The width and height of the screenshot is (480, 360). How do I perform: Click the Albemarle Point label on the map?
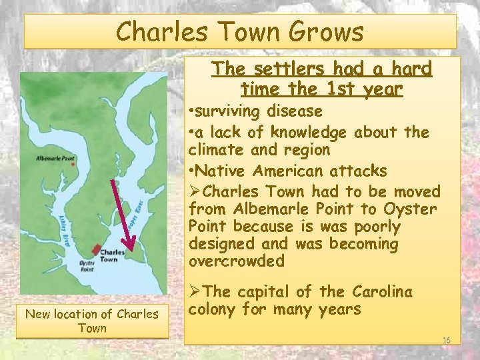pyautogui.click(x=55, y=159)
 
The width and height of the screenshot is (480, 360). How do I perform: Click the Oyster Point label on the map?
pyautogui.click(x=87, y=266)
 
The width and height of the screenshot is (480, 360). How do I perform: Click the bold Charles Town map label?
pyautogui.click(x=112, y=256)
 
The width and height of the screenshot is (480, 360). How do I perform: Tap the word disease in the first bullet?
pyautogui.click(x=295, y=111)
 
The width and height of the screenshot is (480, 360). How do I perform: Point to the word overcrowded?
pyautogui.click(x=236, y=261)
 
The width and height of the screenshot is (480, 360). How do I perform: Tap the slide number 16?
pyautogui.click(x=447, y=341)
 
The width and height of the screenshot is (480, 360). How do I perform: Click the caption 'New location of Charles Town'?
pyautogui.click(x=92, y=320)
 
